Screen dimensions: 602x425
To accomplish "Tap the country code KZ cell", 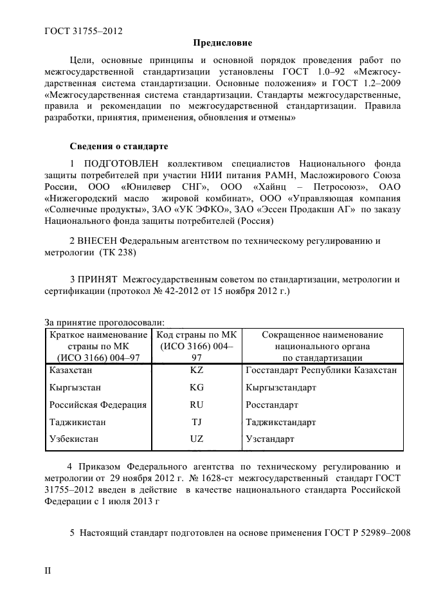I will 196,371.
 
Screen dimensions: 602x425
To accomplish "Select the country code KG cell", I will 196,388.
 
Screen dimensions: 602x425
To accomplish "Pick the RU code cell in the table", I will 196,406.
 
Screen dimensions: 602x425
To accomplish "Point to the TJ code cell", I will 196,423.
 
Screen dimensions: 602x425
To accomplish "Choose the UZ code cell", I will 196,440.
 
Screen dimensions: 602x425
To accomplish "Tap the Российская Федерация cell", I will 98,406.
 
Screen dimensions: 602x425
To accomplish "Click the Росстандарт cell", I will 272,406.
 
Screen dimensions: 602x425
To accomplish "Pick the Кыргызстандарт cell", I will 281,388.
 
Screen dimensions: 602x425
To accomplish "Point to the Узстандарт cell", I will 270,440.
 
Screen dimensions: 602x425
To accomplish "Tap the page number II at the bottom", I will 47,571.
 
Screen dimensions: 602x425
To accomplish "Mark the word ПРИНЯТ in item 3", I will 100,280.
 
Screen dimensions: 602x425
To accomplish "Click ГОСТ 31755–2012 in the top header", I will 84,30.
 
